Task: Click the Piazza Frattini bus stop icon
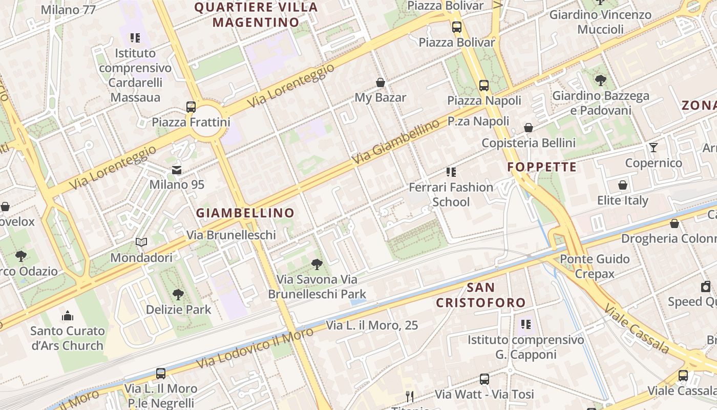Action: point(191,107)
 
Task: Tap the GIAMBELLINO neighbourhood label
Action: point(245,213)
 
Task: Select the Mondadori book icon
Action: point(141,242)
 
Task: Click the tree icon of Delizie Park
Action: point(178,294)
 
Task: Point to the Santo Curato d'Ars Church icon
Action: point(67,315)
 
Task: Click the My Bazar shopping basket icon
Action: point(381,82)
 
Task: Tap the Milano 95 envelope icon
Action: point(177,170)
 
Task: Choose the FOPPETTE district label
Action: point(542,167)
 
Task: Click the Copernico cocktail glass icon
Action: point(653,148)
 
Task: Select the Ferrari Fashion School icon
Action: point(451,172)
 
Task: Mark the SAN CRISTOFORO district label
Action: point(481,295)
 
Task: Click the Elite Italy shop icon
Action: point(623,185)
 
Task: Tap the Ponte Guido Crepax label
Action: point(595,266)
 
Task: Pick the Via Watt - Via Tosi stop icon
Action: point(484,379)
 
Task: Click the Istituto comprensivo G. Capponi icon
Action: point(525,324)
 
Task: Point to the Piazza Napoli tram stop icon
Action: point(484,85)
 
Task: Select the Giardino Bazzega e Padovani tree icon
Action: point(600,80)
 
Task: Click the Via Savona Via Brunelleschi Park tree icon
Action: point(317,264)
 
